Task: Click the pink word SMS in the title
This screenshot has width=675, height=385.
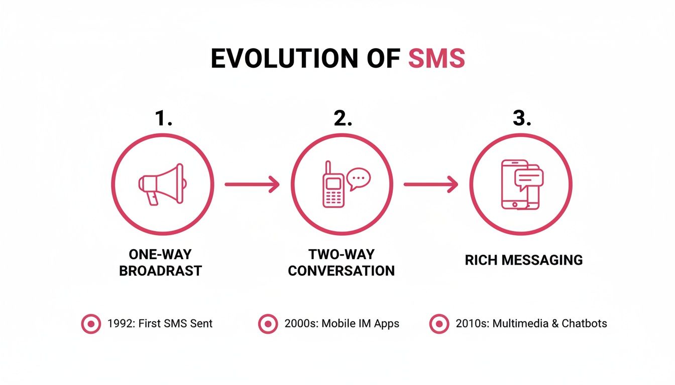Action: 436,59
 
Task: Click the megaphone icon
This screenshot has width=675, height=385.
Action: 162,184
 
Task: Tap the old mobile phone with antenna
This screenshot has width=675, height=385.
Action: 333,185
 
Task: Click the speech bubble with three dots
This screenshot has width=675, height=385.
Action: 359,178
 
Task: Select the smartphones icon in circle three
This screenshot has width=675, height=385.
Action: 522,184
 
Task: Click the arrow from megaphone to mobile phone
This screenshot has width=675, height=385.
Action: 252,184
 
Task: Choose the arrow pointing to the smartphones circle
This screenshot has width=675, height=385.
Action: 431,184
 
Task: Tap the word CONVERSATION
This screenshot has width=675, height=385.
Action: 342,271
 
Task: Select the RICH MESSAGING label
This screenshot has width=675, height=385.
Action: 524,260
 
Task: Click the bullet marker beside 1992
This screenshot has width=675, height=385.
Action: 91,324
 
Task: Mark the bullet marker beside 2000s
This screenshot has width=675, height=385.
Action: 268,324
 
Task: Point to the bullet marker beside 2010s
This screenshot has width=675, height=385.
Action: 439,324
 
